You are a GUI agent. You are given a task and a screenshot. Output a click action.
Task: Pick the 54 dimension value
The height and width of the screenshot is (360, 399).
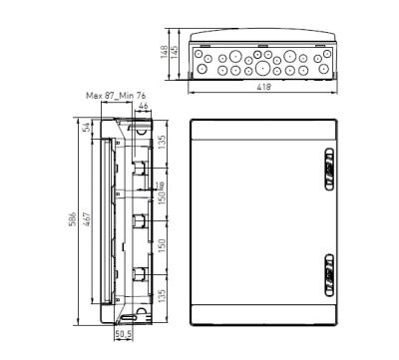pyautogui.click(x=87, y=129)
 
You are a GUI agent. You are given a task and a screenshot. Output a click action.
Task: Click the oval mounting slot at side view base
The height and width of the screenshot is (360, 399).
pyautogui.click(x=127, y=319)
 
